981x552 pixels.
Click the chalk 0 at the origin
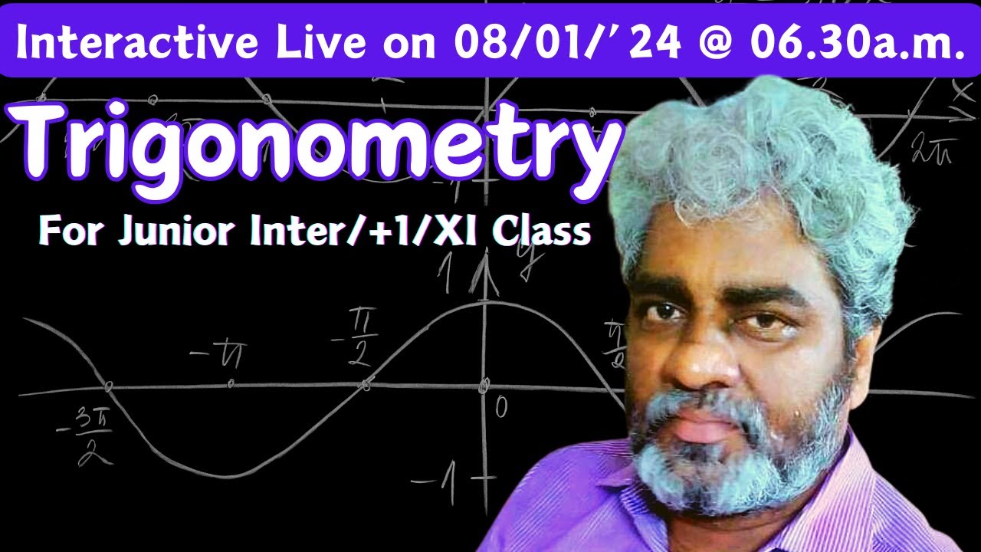500,407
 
